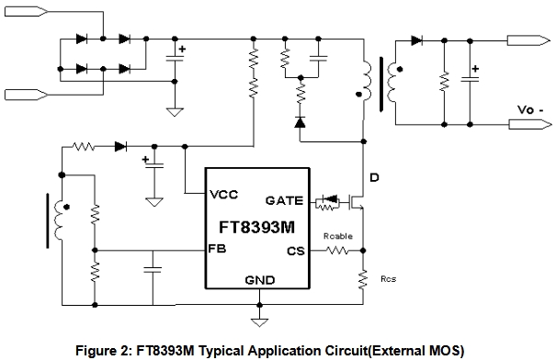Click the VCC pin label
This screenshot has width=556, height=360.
click(223, 195)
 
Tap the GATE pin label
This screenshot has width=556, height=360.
click(284, 201)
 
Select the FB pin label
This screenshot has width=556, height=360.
click(217, 249)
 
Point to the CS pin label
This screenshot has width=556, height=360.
click(296, 252)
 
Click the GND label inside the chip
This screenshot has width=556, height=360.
click(260, 280)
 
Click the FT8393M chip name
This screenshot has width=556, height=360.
click(257, 227)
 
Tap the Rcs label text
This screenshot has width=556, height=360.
click(388, 279)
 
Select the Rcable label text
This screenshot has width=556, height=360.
click(338, 236)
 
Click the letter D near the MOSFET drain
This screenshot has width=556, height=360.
click(374, 177)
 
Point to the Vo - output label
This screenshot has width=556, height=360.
click(530, 110)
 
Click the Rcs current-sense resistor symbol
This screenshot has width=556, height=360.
click(363, 278)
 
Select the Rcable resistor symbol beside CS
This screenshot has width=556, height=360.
click(337, 251)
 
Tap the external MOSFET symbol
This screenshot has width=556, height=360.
click(356, 203)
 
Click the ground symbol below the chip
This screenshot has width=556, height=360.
click(259, 322)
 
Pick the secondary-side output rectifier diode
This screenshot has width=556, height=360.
click(416, 40)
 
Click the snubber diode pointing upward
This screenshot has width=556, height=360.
click(301, 122)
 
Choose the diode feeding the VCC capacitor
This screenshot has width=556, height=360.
click(121, 146)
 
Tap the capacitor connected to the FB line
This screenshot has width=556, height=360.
click(153, 270)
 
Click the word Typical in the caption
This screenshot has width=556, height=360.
click(221, 351)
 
